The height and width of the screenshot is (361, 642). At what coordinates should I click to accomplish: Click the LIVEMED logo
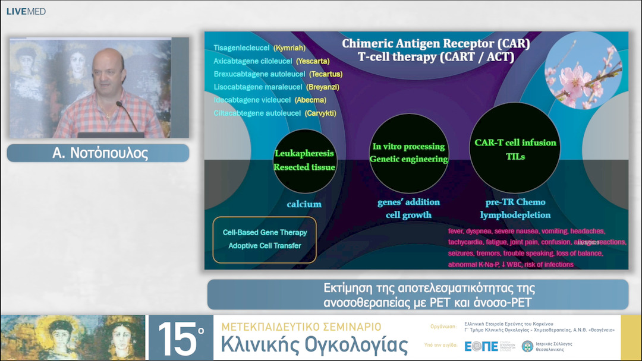26,11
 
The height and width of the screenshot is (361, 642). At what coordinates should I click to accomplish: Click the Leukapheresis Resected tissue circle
304,160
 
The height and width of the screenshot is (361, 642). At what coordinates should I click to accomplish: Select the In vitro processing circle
408,153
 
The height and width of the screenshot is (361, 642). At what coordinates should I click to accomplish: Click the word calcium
304,204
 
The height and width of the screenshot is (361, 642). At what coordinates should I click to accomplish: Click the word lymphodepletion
515,215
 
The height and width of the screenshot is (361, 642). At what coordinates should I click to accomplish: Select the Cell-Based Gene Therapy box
265,239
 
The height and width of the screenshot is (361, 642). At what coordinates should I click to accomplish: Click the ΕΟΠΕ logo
481,346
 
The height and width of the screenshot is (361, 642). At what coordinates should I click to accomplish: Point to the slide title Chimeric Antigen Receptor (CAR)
436,44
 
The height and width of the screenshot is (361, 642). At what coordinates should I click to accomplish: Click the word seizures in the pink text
463,253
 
